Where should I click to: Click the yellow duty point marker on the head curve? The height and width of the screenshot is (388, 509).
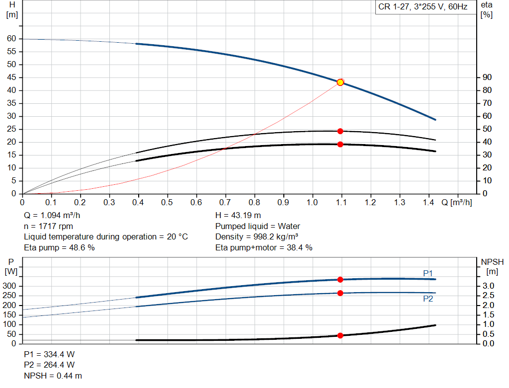tap(340, 82)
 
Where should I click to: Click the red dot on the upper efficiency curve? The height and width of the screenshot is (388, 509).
tap(340, 131)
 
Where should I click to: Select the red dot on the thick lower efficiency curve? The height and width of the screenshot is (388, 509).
tap(340, 145)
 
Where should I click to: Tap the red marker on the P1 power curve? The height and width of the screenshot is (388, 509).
tap(340, 280)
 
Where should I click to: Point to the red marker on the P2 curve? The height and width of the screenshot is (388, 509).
tap(340, 293)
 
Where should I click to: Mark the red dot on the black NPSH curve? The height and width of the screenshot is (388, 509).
tap(340, 335)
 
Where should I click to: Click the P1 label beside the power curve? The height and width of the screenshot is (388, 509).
tap(428, 273)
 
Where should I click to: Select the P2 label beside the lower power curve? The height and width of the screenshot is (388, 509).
tap(428, 299)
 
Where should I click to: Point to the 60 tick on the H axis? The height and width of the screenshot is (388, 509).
tap(11, 39)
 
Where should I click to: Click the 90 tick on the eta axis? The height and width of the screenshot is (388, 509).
tap(487, 78)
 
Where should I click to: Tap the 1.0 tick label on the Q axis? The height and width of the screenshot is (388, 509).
tap(312, 203)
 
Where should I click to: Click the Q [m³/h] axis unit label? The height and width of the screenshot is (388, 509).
tap(456, 203)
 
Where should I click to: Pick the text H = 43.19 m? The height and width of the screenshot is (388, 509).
tap(238, 216)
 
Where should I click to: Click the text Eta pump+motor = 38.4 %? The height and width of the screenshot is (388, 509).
tap(264, 247)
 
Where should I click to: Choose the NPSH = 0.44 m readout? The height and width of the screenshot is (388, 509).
tap(53, 376)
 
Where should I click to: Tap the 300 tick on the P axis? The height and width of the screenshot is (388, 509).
tap(11, 286)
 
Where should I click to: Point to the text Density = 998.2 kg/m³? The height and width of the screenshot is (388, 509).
tap(256, 237)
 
